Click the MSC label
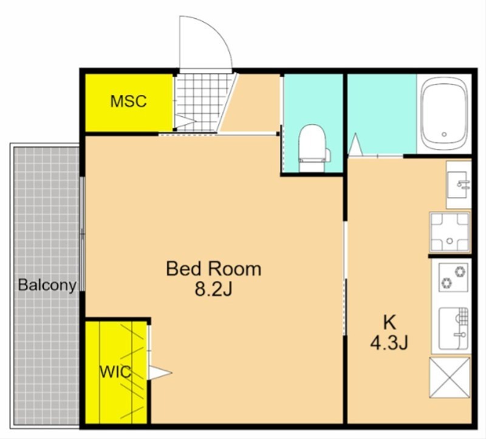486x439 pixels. coord(128,101)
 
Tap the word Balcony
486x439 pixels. coord(47,285)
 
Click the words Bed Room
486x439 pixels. coord(214,269)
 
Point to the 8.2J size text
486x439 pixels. coord(213,290)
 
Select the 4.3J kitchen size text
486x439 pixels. coord(389,343)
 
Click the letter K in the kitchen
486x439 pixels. coord(389,323)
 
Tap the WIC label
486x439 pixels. coord(115,372)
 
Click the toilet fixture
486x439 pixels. coord(313,148)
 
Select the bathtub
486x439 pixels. coord(444,114)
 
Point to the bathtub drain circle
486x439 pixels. coord(444,134)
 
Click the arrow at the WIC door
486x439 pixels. coord(160,373)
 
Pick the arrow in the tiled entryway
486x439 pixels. coord(185,122)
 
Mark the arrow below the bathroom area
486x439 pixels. coord(355,144)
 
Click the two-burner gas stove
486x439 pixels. coord(453,277)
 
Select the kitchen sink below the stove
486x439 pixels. coord(453,328)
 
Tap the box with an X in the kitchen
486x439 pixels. coord(450,377)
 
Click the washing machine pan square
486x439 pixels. coord(450,232)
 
